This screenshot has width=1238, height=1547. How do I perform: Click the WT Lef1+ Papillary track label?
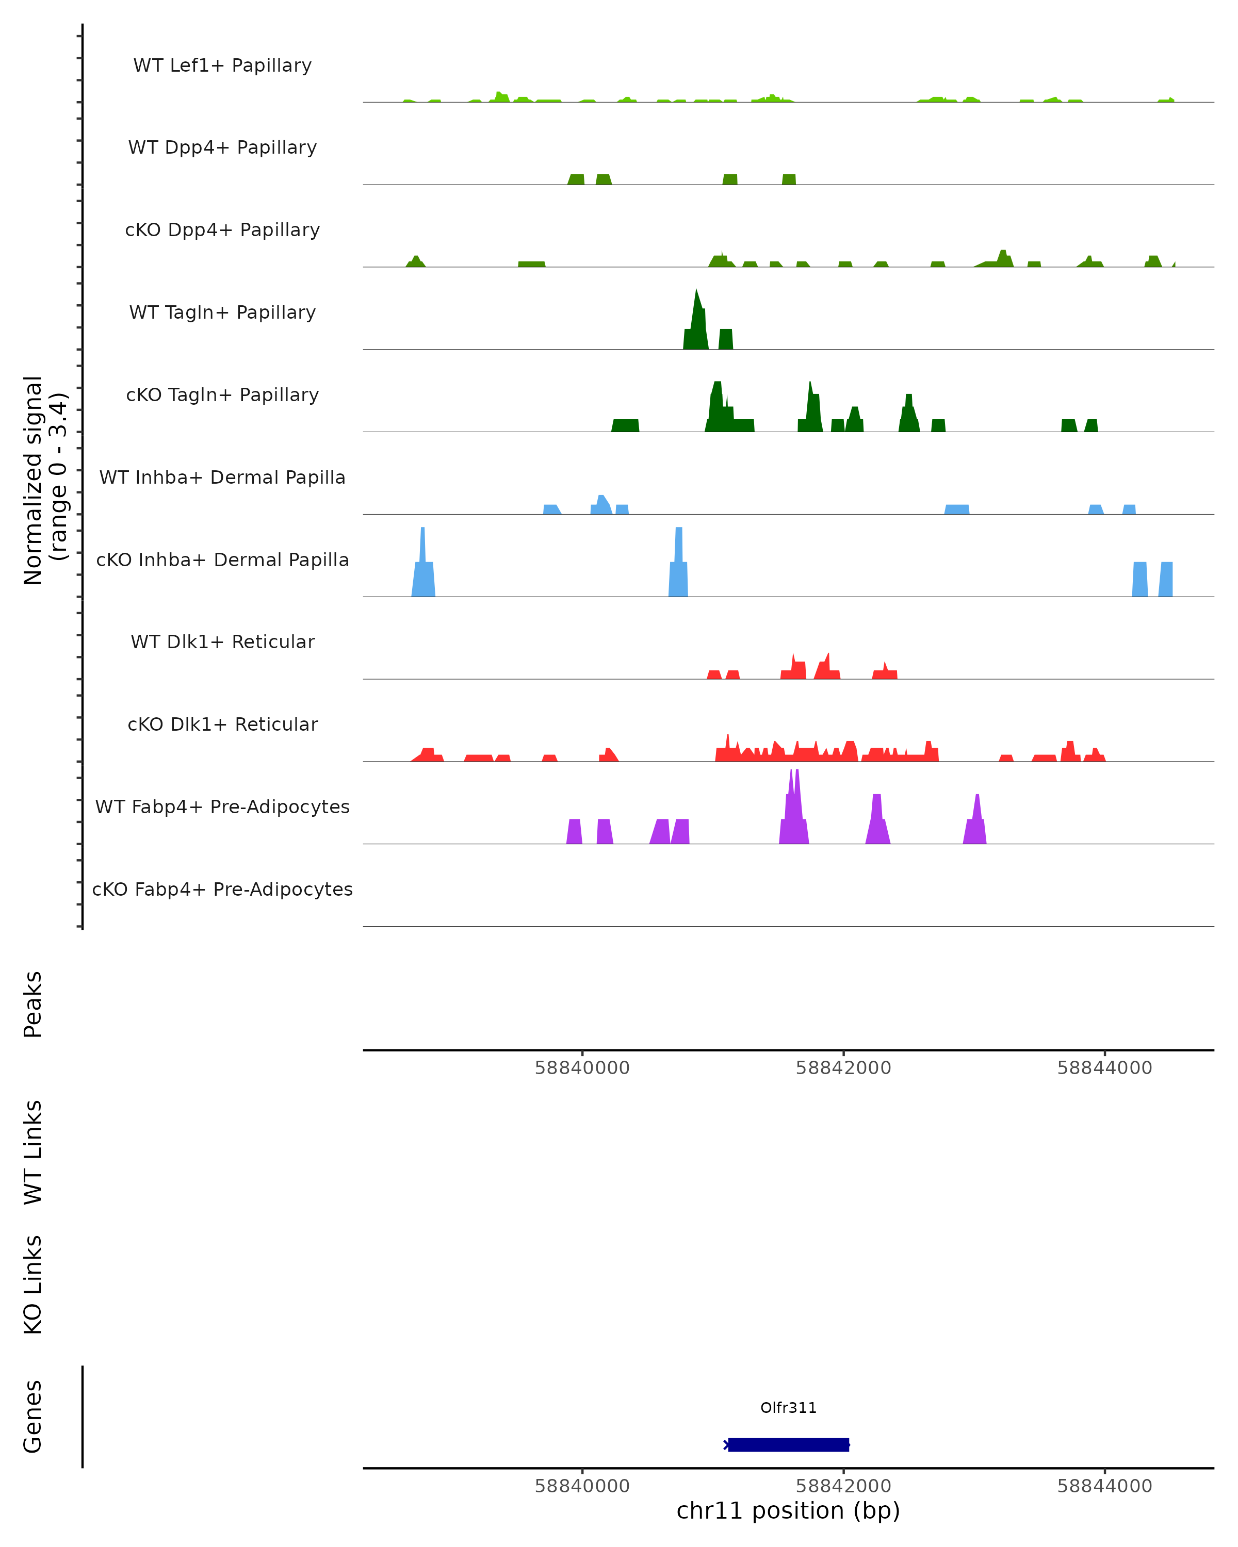[x=222, y=65]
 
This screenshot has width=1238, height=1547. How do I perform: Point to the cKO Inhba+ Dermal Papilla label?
[x=222, y=559]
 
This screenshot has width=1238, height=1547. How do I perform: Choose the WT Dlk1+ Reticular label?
[x=222, y=641]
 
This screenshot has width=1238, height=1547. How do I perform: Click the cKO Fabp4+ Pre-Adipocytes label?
[x=222, y=889]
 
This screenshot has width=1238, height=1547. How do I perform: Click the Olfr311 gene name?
[x=788, y=1408]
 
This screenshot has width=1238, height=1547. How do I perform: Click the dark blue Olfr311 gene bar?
[x=788, y=1444]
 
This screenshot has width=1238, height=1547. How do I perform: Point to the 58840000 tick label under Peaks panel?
[x=582, y=1068]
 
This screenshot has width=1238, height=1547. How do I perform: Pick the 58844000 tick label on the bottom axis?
[x=1104, y=1486]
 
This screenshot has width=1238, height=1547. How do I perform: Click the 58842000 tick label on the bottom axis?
[x=843, y=1486]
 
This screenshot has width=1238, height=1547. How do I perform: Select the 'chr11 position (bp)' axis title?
[x=788, y=1511]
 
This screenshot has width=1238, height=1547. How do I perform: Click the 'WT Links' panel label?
[x=33, y=1151]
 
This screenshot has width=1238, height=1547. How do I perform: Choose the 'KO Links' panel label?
[x=33, y=1285]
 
